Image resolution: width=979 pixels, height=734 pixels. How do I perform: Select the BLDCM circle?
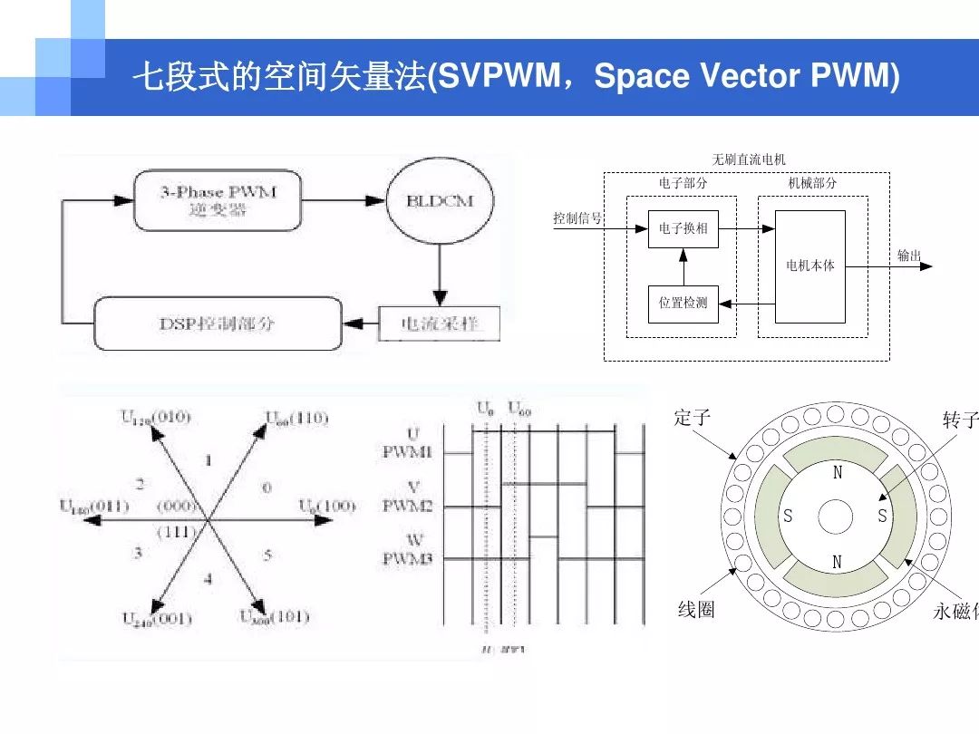pyautogui.click(x=440, y=201)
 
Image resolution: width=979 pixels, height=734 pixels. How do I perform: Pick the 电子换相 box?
pyautogui.click(x=683, y=229)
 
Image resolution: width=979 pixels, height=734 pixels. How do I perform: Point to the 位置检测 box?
pyautogui.click(x=683, y=304)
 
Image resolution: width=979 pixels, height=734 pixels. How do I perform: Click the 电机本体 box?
pyautogui.click(x=809, y=266)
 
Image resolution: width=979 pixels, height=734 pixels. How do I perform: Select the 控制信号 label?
pyautogui.click(x=577, y=218)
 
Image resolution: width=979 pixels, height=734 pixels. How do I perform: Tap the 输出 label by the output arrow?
pyautogui.click(x=909, y=256)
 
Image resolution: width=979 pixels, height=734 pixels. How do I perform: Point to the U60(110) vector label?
pyautogui.click(x=296, y=418)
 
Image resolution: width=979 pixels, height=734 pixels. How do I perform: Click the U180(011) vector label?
pyautogui.click(x=94, y=507)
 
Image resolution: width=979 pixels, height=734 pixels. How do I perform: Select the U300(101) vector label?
pyautogui.click(x=274, y=617)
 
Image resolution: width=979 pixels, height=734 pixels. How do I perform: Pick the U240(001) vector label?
pyautogui.click(x=156, y=619)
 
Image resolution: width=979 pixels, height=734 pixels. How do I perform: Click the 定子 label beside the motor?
pyautogui.click(x=693, y=418)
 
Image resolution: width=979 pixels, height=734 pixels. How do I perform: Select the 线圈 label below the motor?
pyautogui.click(x=696, y=610)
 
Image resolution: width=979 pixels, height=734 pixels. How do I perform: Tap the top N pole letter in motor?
pyautogui.click(x=837, y=473)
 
